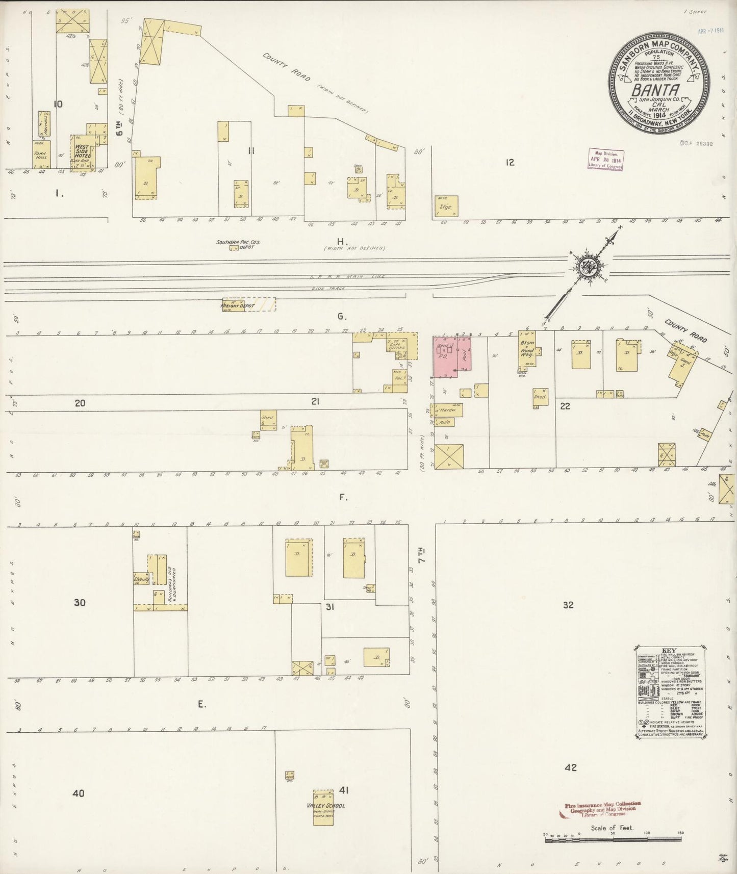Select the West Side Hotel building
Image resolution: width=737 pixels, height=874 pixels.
pos(83,152)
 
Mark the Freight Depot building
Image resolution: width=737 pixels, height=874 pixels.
pos(249,304)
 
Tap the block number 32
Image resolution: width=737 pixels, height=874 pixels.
pos(568,605)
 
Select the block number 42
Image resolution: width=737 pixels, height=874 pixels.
pos(570,767)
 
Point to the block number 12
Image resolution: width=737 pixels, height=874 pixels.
pos(510,162)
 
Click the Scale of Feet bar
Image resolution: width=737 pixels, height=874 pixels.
pos(612,839)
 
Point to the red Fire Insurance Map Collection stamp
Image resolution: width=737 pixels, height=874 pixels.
pos(602,810)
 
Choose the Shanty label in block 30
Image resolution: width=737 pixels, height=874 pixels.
pos(141,579)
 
